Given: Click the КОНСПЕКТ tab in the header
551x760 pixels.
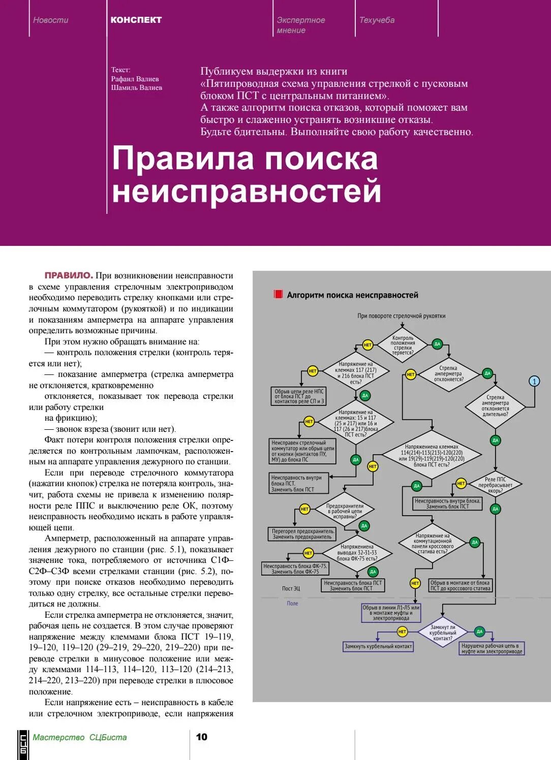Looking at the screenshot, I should (136, 20).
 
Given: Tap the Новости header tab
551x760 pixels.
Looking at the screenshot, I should (50, 20).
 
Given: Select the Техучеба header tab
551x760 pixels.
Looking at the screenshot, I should (377, 20).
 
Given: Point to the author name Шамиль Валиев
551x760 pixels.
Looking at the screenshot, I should (136, 87).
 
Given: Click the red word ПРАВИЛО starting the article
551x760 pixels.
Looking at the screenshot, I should (69, 275).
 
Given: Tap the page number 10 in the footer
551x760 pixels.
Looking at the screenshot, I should (202, 737).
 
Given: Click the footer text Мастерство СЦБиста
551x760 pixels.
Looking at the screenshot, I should (80, 737).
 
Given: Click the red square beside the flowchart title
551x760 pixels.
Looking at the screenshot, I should (278, 295).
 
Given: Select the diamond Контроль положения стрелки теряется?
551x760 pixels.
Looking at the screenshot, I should (403, 345).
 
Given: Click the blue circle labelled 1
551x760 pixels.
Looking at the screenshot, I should (534, 381).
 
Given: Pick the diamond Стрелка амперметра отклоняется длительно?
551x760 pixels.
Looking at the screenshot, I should (495, 406).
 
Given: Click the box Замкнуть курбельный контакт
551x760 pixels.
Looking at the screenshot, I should (378, 646).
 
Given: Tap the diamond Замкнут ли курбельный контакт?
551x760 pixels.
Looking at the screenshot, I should (442, 632).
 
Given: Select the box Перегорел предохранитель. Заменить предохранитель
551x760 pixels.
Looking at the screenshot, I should (302, 533).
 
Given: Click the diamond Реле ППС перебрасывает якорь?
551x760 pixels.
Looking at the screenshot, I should (495, 485).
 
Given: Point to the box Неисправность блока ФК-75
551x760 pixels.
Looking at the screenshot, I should (295, 568).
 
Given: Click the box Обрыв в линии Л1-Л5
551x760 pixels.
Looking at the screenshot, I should (391, 613).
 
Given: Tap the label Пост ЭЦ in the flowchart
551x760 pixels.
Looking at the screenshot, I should (291, 588).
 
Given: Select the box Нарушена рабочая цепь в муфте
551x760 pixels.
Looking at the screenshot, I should (492, 648).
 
